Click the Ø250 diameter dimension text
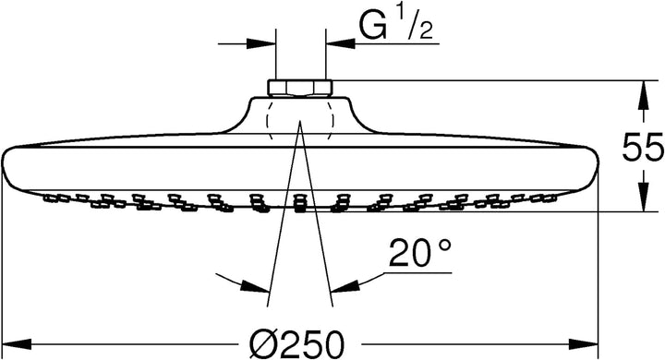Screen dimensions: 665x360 click(x=296, y=343)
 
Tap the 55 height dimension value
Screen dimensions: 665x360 click(x=643, y=146)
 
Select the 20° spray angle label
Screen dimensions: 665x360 click(x=420, y=253)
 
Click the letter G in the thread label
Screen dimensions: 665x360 click(x=374, y=26)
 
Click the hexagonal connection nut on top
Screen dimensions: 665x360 click(x=300, y=88)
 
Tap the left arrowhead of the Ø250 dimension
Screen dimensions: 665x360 click(x=17, y=343)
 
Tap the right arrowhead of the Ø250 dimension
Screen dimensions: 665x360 click(x=583, y=343)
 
